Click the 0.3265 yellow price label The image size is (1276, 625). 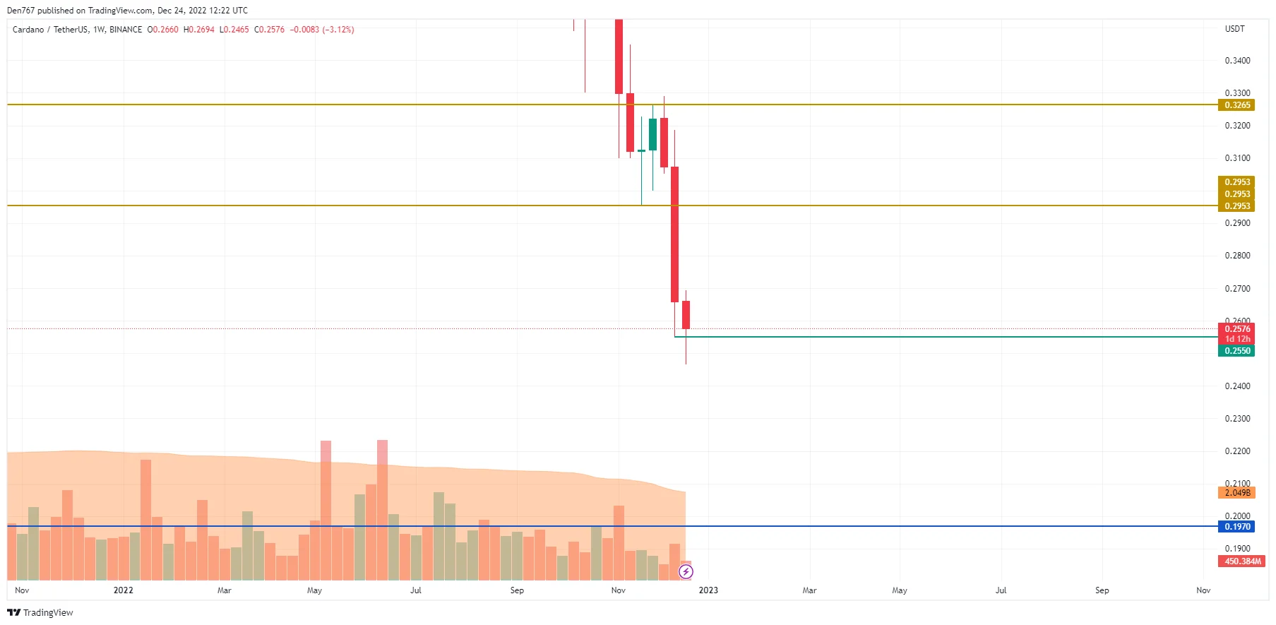point(1236,105)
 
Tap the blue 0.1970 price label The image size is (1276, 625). point(1236,527)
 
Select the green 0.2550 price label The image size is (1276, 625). point(1236,351)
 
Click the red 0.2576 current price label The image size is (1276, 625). point(1236,329)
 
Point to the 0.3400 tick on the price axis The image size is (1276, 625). point(1236,61)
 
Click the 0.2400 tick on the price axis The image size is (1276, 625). point(1236,386)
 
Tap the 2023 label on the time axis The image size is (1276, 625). point(708,590)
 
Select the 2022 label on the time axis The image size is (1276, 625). point(123,590)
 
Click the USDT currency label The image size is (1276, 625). point(1234,29)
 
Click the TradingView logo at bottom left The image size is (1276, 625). point(40,612)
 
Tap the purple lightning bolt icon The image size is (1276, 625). point(686,571)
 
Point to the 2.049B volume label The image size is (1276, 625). point(1236,493)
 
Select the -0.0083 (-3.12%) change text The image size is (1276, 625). point(322,30)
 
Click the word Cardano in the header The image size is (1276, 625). point(28,30)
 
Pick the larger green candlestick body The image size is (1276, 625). point(652,134)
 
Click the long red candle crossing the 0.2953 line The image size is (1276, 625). point(674,233)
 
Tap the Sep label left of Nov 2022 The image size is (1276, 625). point(517,590)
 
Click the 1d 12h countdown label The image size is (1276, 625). point(1236,340)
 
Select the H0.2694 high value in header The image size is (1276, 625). point(199,30)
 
